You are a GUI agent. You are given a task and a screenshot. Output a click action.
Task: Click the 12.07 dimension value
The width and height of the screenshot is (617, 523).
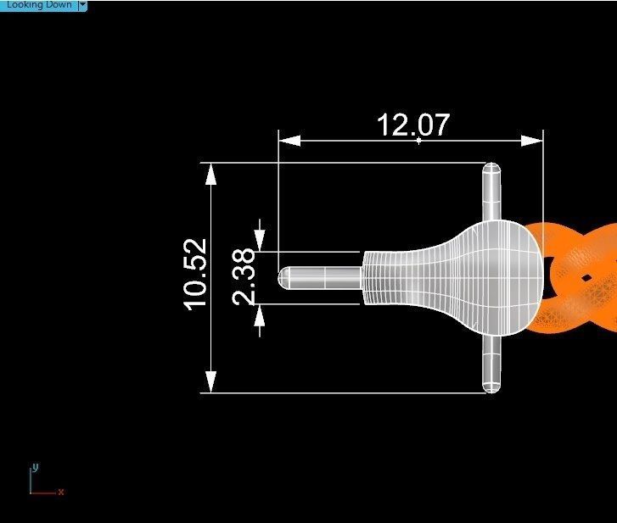pyautogui.click(x=412, y=125)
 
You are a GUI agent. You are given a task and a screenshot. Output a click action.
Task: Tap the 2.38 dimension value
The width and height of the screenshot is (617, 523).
pyautogui.click(x=244, y=276)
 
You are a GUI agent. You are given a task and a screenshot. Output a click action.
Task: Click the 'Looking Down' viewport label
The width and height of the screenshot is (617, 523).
pyautogui.click(x=38, y=5)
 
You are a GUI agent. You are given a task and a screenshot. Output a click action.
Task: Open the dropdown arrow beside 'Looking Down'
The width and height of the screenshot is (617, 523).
pyautogui.click(x=82, y=5)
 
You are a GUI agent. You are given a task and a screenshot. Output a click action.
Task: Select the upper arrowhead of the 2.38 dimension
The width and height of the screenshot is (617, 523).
pyautogui.click(x=260, y=240)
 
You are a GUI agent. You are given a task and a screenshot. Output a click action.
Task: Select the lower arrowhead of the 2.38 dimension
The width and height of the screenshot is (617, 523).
pyautogui.click(x=260, y=314)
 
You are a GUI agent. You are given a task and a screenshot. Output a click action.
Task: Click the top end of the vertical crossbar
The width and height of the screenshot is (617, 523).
pyautogui.click(x=491, y=170)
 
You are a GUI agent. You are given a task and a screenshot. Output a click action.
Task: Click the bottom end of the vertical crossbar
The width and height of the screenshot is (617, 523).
pyautogui.click(x=491, y=387)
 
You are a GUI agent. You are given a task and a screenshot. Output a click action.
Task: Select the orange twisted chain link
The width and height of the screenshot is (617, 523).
pyautogui.click(x=581, y=277)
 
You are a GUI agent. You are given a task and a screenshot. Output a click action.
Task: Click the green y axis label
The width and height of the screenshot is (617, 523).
pyautogui.click(x=35, y=467)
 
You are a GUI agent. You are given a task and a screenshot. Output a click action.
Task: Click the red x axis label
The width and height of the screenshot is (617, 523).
pyautogui.click(x=61, y=492)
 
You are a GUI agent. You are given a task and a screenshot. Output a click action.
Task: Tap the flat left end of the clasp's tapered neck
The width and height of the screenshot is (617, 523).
pyautogui.click(x=366, y=277)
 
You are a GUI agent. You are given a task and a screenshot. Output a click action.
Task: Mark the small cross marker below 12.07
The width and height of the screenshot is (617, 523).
pyautogui.click(x=418, y=141)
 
